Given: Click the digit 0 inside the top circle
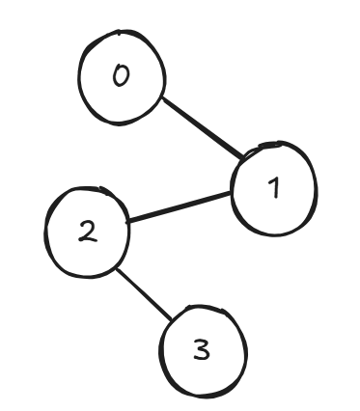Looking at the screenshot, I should (121, 78).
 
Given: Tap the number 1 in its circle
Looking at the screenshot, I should (273, 188).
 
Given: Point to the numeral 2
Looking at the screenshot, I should (87, 233).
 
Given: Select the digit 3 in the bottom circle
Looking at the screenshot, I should (201, 349).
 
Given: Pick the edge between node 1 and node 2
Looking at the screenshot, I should (180, 207).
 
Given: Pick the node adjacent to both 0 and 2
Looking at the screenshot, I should (273, 188).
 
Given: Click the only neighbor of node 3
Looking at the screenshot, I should (87, 233).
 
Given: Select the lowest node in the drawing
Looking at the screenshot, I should (201, 349).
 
